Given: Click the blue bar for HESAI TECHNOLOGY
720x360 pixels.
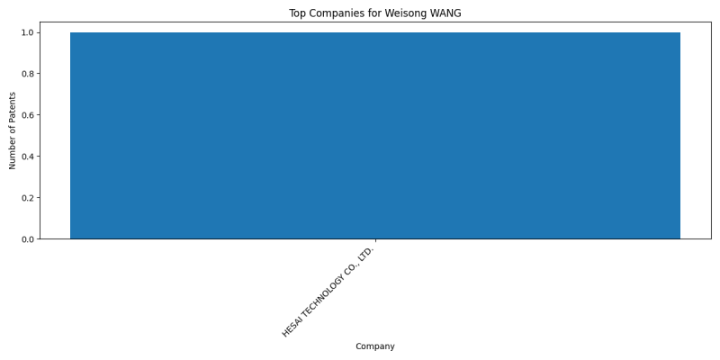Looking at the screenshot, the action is coord(375,136).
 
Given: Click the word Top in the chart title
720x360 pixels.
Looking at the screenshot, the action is coord(296,13).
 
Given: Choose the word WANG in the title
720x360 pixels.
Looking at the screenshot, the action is coord(445,13).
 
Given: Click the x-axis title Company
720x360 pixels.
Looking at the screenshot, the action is coord(375,346).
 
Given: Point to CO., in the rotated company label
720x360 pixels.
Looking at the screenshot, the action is coord(354,264).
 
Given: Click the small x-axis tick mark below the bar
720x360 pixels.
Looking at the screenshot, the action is coord(375,240).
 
